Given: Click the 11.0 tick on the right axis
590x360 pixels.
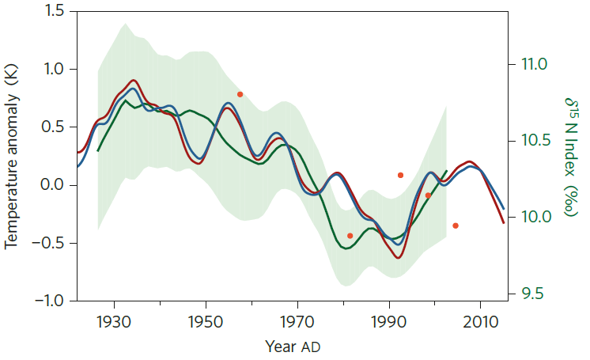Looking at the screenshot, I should [x=531, y=63].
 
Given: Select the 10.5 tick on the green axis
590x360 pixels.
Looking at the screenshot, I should [x=531, y=140].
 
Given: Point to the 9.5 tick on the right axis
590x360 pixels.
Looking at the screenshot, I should [x=528, y=294].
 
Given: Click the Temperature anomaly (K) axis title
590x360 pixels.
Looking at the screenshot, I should [x=13, y=157].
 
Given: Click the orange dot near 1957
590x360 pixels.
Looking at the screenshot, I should [x=240, y=94].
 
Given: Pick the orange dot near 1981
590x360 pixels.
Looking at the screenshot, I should [x=350, y=236].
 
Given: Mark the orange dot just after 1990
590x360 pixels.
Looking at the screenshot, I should [x=400, y=175].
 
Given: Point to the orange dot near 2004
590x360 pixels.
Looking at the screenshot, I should [x=456, y=225].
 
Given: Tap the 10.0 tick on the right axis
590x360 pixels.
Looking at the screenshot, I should [x=531, y=217].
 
